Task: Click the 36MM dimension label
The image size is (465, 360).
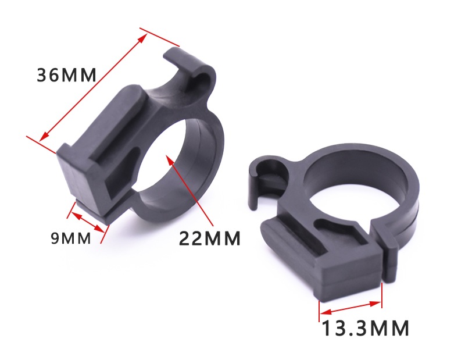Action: tap(67, 76)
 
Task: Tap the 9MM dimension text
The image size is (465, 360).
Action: tap(71, 238)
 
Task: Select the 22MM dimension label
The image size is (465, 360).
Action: tap(210, 238)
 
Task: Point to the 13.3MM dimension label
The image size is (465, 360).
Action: tap(365, 328)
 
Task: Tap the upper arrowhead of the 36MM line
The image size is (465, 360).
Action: tap(143, 38)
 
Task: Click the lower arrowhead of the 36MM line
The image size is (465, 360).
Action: tap(44, 137)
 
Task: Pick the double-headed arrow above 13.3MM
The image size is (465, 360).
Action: tap(350, 308)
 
